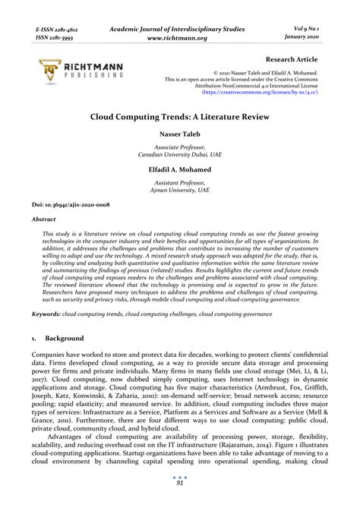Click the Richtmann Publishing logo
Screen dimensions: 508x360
(x=77, y=71)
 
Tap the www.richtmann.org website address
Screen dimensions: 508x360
(x=180, y=36)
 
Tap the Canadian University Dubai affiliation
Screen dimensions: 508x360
(x=180, y=153)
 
